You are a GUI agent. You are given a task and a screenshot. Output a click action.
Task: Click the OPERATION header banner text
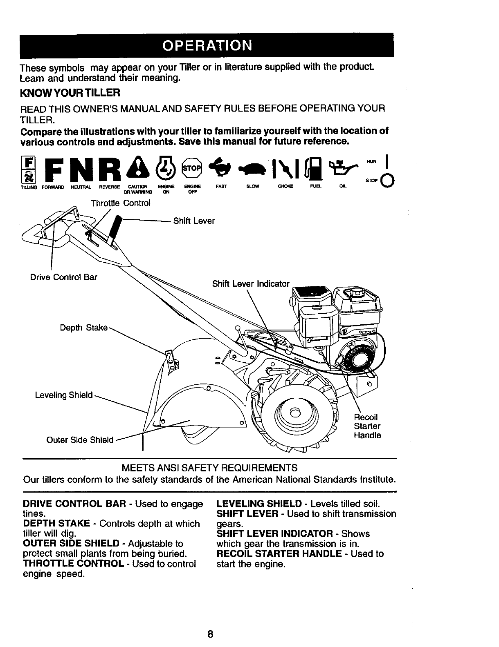207,45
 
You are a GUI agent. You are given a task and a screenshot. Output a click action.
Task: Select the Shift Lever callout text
194,221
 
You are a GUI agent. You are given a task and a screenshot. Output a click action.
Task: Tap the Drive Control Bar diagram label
64,277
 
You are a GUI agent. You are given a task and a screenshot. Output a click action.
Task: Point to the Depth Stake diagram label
84,328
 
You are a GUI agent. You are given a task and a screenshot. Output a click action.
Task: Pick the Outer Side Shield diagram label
80,440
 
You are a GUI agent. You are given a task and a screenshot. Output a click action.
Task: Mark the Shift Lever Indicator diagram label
251,283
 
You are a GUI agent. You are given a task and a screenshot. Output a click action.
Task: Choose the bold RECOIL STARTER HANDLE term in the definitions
279,554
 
